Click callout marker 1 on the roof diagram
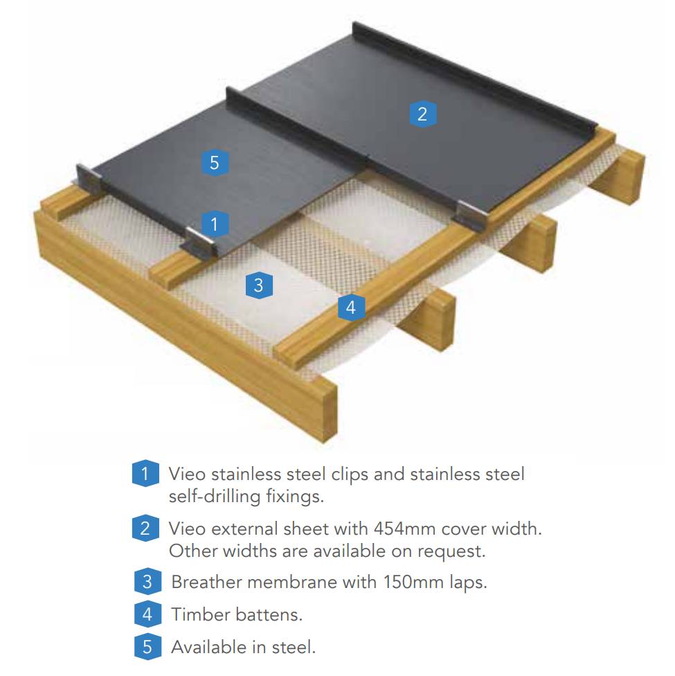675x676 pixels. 215,223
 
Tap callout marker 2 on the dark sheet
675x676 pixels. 422,114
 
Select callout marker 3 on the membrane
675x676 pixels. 258,285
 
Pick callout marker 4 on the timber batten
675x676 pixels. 351,307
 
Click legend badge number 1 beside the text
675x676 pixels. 145,474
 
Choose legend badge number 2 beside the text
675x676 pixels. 145,529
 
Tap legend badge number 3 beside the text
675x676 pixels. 147,581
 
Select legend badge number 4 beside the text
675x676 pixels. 147,614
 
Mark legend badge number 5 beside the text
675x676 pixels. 147,647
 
